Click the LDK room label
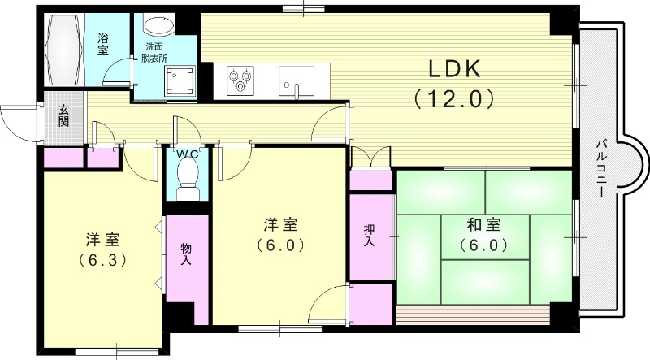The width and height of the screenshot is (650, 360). pos(453,70)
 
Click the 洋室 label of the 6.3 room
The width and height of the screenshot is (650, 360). pos(103,240)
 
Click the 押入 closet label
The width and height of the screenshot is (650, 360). pos(370,236)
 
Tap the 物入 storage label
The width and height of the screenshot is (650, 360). pos(185,254)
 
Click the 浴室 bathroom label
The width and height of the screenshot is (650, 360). pos(103,44)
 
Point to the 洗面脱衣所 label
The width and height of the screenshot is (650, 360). pos(157,53)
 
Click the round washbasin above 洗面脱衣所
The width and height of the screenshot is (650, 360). pos(156,24)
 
